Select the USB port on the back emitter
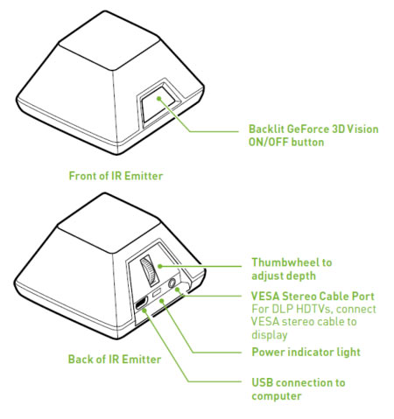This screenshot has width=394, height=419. coord(141,304)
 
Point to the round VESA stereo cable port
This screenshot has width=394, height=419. coord(172,283)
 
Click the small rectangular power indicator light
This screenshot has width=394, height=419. coord(158,292)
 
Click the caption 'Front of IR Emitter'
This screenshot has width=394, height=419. coord(116,176)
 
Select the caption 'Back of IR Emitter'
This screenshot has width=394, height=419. coord(115,359)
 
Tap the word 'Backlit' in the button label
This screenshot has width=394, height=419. coord(266,129)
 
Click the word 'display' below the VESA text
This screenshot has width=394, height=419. coord(270,335)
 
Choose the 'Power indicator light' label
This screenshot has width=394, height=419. coord(306,352)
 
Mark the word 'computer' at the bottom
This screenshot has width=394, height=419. coord(277,396)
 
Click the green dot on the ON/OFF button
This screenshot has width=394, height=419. coord(158,99)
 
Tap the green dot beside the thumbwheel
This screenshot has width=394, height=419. coord(159,266)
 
